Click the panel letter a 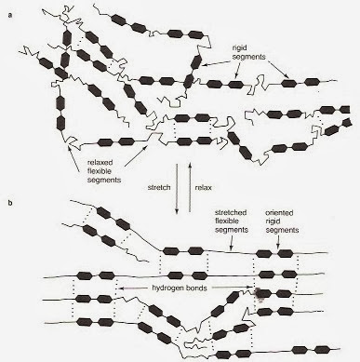click(10, 16)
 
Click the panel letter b click(10, 204)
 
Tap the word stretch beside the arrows click(159, 187)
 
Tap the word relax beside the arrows click(203, 187)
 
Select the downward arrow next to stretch click(177, 189)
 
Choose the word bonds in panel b click(195, 288)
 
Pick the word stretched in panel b click(231, 212)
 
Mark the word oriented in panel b click(279, 213)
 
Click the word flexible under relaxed click(100, 171)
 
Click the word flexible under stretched click(227, 221)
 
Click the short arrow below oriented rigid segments click(278, 241)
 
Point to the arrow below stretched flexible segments click(231, 242)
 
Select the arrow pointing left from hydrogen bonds click(134, 288)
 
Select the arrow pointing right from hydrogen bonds click(232, 288)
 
